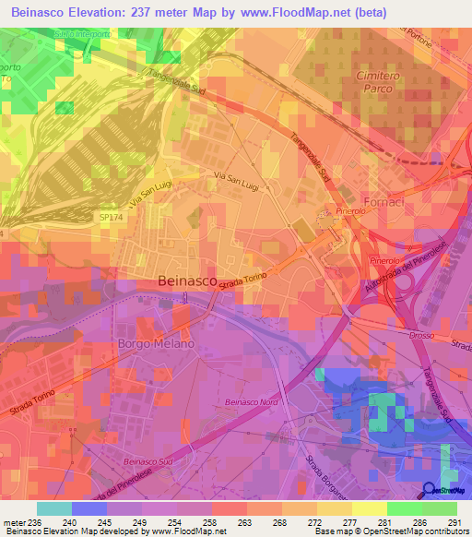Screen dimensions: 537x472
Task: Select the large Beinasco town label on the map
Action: coord(188,280)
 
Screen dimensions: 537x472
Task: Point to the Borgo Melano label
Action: coord(156,343)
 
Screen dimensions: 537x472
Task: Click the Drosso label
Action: coord(420,335)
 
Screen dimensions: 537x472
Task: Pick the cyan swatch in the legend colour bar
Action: coord(53,508)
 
